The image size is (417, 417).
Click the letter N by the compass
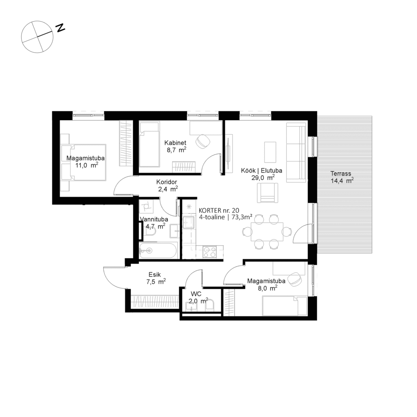[x=60, y=28]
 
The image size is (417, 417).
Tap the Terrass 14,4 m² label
[x=341, y=177]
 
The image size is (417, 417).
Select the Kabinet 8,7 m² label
[x=176, y=146]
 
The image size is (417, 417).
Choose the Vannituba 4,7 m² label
[x=153, y=222]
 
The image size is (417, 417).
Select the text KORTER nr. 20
[x=219, y=211]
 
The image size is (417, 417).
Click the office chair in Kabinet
[x=202, y=142]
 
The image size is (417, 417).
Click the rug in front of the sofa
[x=270, y=152]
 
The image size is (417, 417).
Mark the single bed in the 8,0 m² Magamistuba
[x=284, y=306]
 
